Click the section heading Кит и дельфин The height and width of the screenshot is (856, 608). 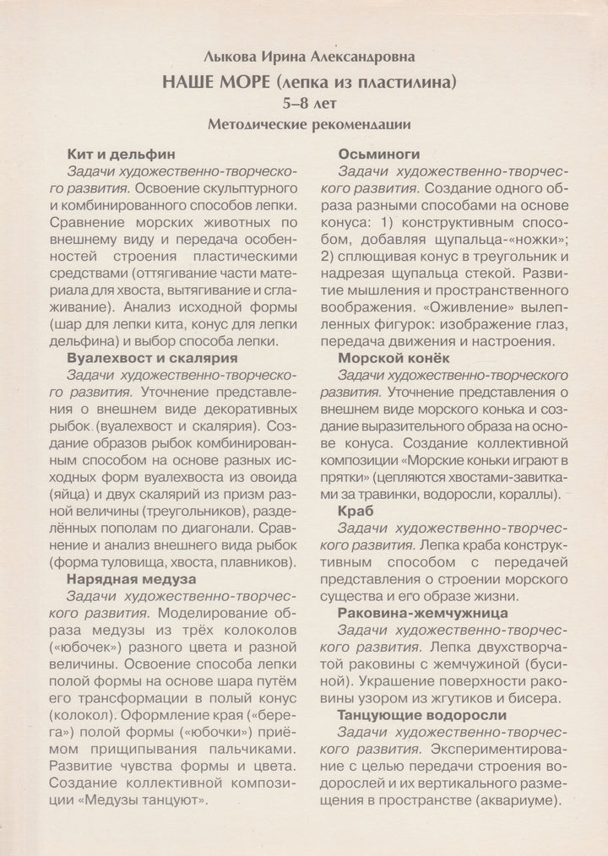(x=121, y=154)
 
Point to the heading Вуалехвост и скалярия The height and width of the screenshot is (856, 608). (x=146, y=357)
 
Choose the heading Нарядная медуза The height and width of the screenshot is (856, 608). (x=130, y=579)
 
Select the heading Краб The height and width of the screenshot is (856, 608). (x=355, y=511)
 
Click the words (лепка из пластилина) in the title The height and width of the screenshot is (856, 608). (x=366, y=81)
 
